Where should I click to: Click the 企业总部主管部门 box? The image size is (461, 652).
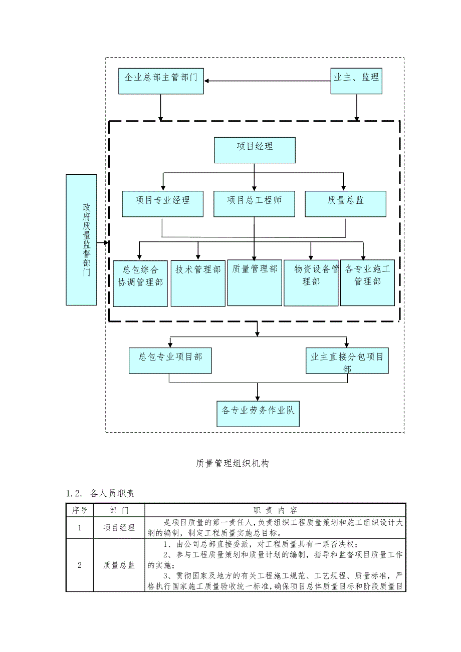tap(161, 81)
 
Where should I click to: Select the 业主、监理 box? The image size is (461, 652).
tap(356, 80)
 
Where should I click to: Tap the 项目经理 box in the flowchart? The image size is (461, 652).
tap(255, 150)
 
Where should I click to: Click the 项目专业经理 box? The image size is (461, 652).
tap(163, 203)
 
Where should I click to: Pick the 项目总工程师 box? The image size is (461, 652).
tap(255, 203)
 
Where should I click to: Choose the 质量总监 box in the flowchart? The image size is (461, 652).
tap(346, 203)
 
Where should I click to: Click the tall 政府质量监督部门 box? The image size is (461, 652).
tap(81, 239)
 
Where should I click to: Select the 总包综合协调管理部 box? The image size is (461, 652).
tap(140, 283)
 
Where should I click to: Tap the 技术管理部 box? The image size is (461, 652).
tap(198, 283)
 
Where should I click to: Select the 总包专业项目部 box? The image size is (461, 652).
tap(170, 361)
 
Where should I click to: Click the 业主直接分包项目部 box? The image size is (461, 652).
tap(347, 361)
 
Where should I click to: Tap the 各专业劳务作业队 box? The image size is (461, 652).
tap(258, 413)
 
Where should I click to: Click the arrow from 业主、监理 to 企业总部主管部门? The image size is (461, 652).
tap(268, 81)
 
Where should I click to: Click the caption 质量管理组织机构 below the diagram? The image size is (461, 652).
tap(233, 464)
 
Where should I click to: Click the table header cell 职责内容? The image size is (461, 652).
tap(275, 510)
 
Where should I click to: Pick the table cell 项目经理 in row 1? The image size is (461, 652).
tap(119, 527)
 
